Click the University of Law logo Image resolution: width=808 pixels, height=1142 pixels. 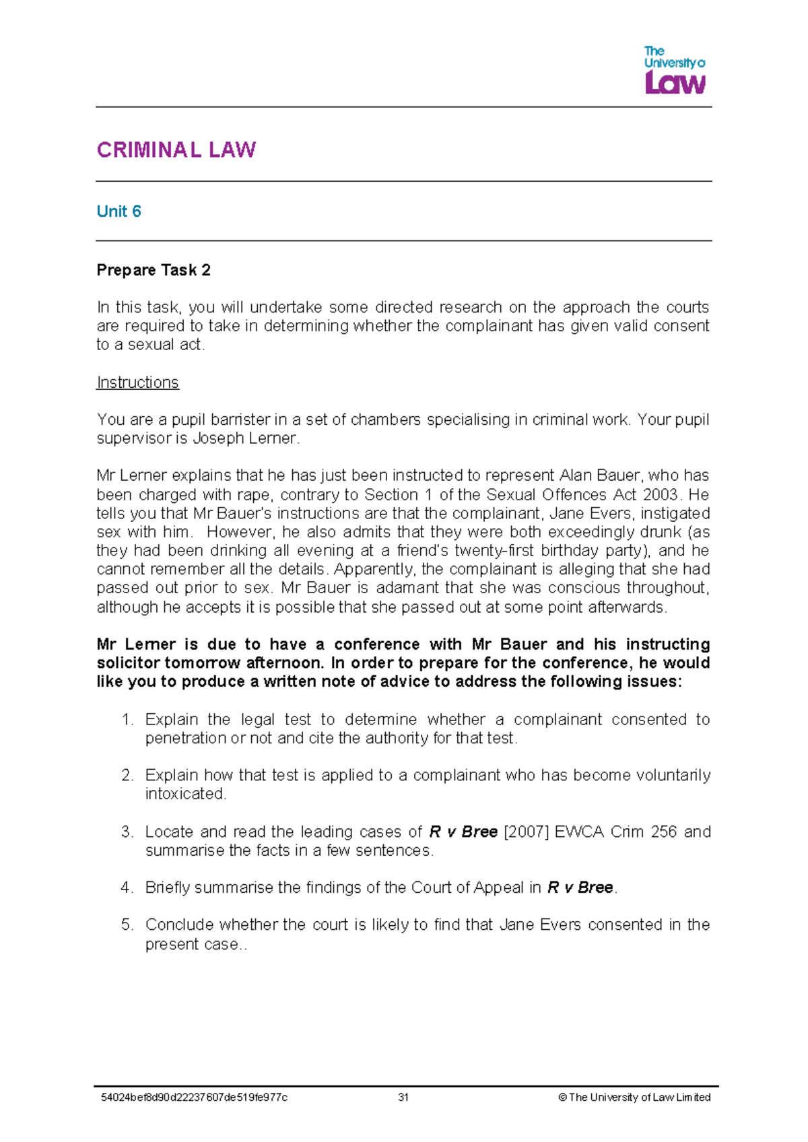674,70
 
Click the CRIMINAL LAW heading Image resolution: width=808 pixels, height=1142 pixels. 176,149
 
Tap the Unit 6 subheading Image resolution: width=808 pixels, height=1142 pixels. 119,211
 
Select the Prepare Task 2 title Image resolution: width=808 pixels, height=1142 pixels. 154,270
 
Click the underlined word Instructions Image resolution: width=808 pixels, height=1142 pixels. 137,382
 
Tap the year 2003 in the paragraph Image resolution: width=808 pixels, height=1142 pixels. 660,494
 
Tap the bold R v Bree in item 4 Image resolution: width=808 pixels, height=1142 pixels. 580,887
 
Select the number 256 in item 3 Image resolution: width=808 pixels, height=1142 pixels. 663,832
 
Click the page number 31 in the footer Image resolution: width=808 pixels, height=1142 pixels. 403,1098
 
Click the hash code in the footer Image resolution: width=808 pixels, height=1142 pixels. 194,1098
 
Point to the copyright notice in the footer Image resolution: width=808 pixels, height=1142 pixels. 634,1098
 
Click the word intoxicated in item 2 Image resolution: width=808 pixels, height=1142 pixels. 185,794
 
